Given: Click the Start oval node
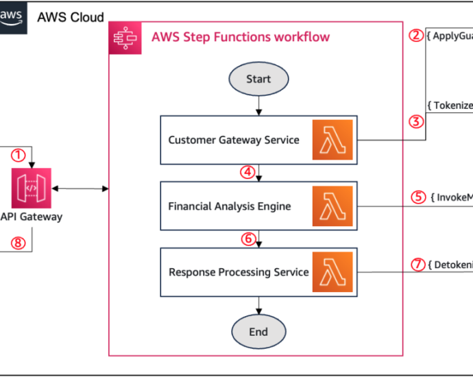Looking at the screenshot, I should [x=258, y=80].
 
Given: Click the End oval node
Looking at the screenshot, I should [x=258, y=332].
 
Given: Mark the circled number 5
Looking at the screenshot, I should [x=419, y=197].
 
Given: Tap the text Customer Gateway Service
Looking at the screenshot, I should [x=233, y=140].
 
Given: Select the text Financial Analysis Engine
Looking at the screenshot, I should [x=230, y=206].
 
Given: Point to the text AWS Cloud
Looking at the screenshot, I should [x=71, y=17].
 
